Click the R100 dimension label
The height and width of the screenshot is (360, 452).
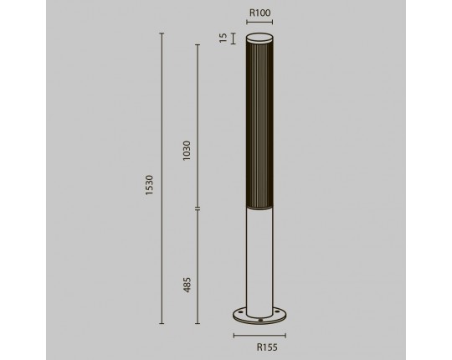(259, 13)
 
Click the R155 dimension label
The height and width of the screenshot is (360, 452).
(267, 347)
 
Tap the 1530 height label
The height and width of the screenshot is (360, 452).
(149, 185)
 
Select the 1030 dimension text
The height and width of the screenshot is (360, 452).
(187, 151)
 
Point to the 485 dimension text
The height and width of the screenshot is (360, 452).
(187, 285)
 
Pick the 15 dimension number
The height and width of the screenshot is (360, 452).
(223, 38)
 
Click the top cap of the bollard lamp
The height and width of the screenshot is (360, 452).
(259, 39)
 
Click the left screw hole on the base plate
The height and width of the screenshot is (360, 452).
(240, 311)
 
